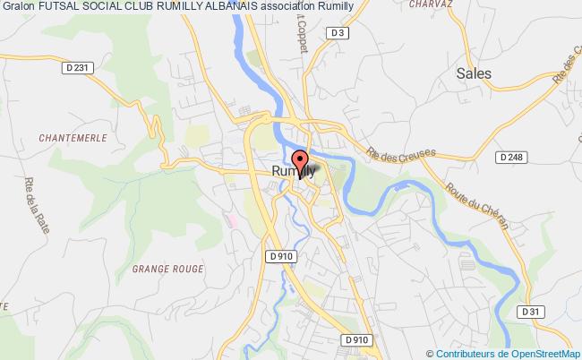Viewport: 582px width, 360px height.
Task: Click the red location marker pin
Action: tap(299, 163)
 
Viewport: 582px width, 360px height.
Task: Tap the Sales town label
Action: tap(474, 74)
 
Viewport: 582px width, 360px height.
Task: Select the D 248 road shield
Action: tap(509, 157)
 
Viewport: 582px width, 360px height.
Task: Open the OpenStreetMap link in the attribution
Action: tap(543, 353)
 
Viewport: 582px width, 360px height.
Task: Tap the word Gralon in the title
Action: tap(18, 8)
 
